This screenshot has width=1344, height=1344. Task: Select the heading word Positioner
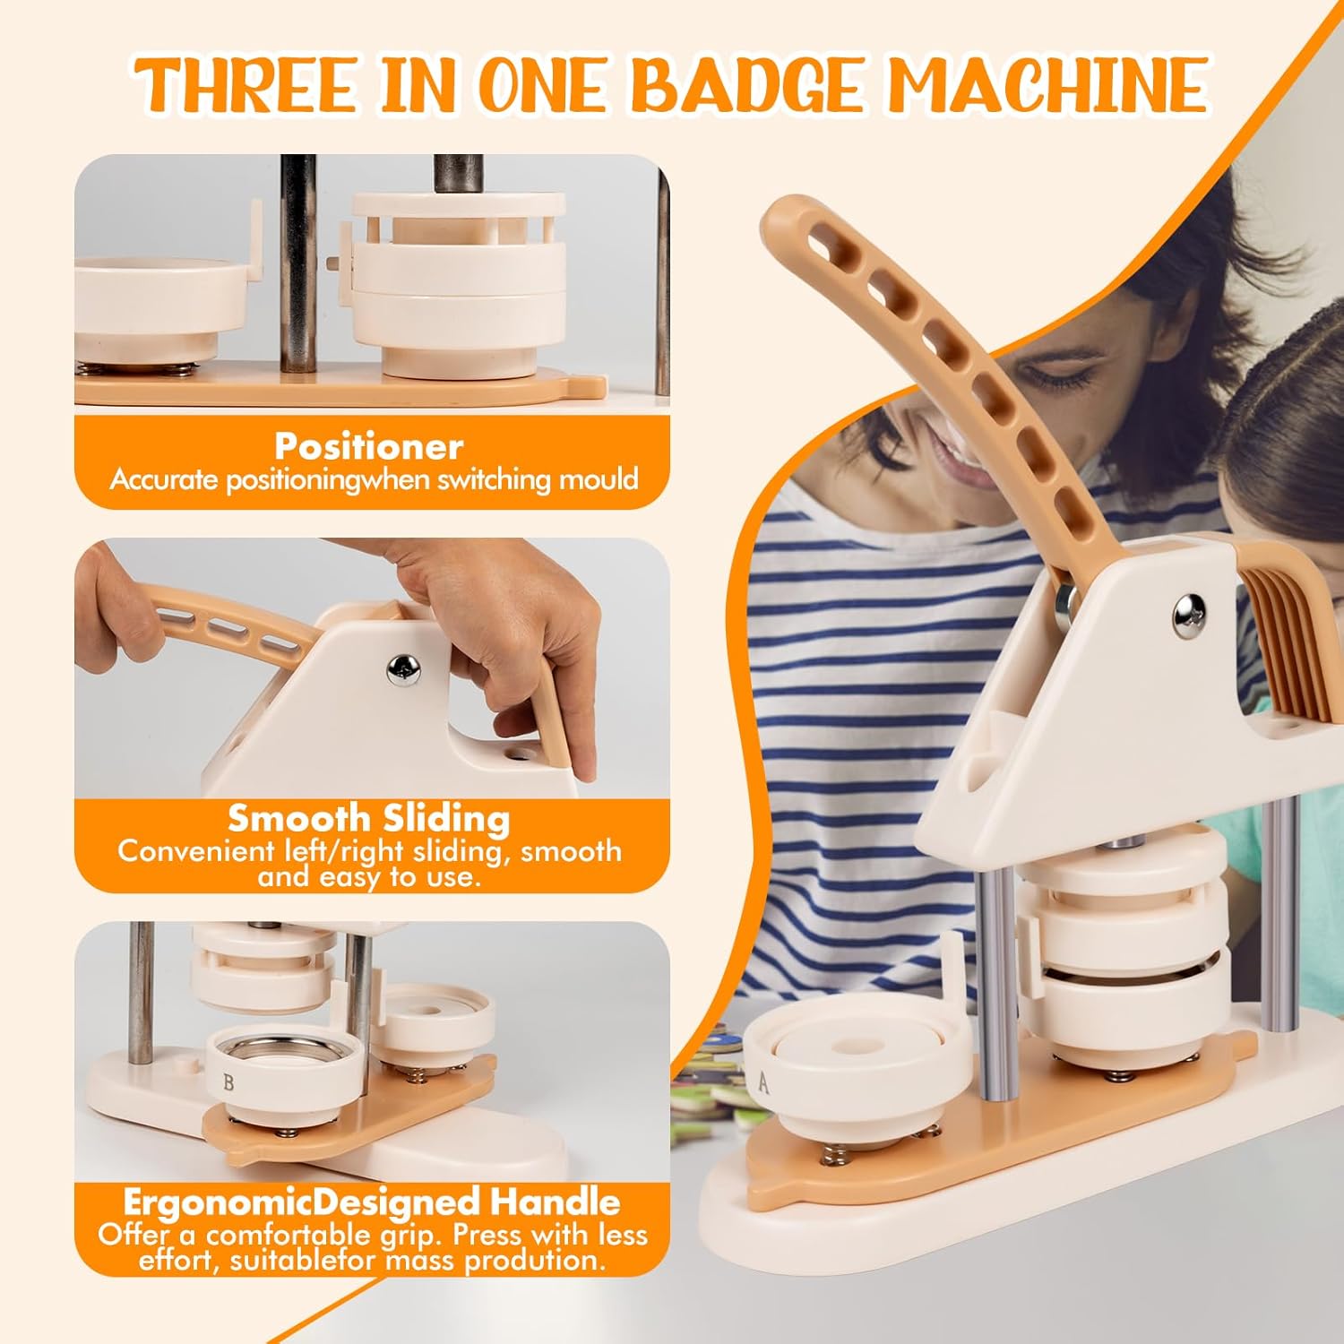[369, 446]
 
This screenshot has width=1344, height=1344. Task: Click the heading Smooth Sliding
[369, 819]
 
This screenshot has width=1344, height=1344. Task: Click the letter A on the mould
[763, 1082]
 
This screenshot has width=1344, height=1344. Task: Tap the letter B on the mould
[228, 1081]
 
